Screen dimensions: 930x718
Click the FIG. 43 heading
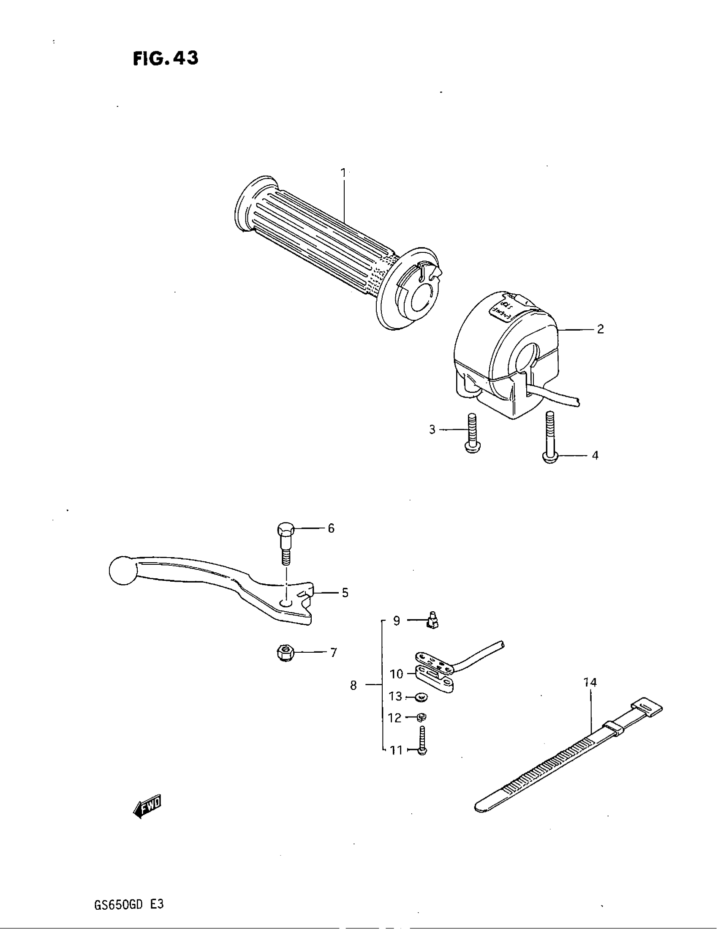(166, 58)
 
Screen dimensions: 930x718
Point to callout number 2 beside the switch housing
(600, 329)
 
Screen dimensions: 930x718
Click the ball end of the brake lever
(122, 570)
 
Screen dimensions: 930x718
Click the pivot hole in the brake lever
(286, 602)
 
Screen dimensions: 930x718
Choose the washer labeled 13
(422, 697)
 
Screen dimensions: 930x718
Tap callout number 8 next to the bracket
(354, 686)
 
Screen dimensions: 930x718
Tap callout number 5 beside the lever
(345, 593)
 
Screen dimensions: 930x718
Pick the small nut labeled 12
(422, 718)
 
